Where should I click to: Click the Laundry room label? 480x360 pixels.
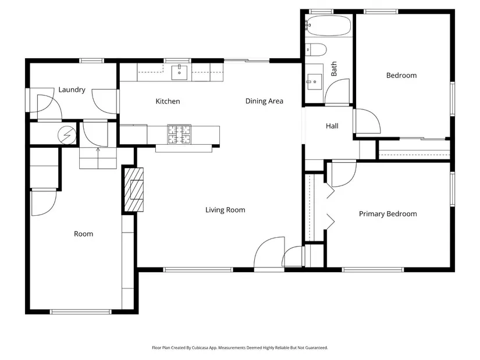(x=72, y=90)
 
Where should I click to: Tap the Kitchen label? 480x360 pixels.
(x=168, y=101)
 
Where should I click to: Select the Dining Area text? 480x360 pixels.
(x=264, y=101)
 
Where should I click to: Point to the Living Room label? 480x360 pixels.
(x=225, y=210)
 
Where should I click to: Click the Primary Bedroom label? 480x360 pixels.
(x=388, y=213)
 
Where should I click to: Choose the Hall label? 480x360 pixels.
(x=332, y=126)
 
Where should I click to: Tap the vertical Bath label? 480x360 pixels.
(x=334, y=69)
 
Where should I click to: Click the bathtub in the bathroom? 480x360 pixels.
(x=329, y=26)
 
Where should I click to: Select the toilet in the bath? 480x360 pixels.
(x=316, y=49)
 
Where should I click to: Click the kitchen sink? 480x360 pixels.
(x=179, y=73)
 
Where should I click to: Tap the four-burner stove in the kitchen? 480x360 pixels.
(x=179, y=134)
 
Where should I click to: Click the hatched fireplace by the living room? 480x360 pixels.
(x=134, y=190)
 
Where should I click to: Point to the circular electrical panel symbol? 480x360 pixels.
(x=67, y=134)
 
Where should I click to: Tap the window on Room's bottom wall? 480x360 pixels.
(x=81, y=312)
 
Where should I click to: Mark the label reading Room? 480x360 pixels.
(x=84, y=234)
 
